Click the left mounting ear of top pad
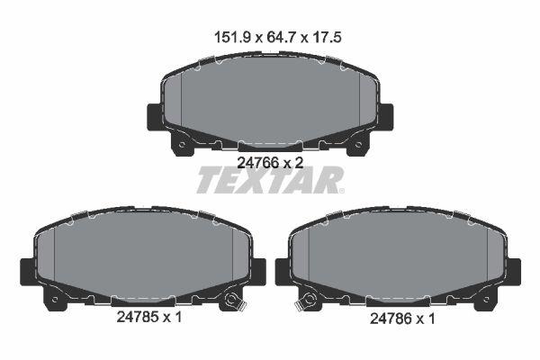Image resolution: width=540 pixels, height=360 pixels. (x=154, y=117)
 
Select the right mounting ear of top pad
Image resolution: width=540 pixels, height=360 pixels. (x=385, y=117)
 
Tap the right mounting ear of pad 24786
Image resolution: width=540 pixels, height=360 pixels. (x=514, y=270)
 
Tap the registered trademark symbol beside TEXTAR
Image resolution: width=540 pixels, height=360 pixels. (x=340, y=190)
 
